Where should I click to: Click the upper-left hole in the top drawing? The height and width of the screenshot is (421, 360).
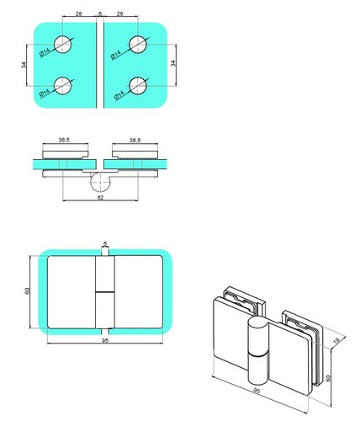[x=63, y=45]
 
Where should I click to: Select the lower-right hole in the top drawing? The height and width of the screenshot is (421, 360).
[x=138, y=86]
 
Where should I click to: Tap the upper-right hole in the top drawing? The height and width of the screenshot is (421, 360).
[x=138, y=45]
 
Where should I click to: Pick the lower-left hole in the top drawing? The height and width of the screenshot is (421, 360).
[x=63, y=86]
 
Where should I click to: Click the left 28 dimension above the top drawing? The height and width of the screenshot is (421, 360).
[x=79, y=13]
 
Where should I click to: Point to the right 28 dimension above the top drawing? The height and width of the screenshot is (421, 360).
[x=119, y=13]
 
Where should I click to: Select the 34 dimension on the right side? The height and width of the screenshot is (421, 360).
[x=173, y=63]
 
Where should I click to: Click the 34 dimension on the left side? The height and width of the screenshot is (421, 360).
[x=24, y=65]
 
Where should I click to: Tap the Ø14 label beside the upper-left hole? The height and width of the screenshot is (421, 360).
[x=45, y=52]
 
